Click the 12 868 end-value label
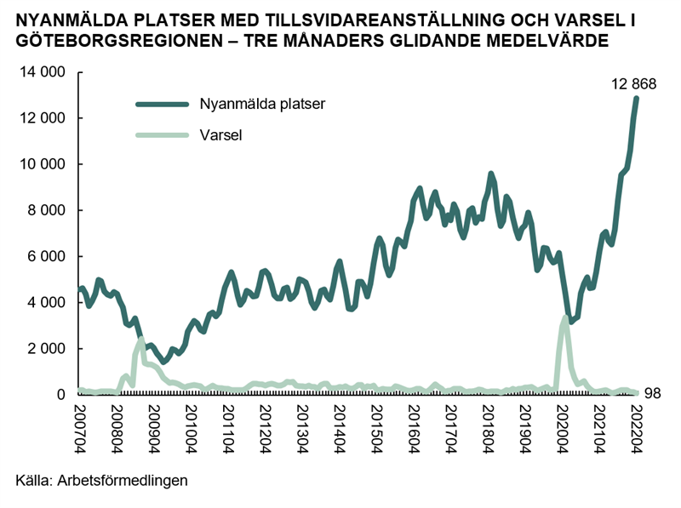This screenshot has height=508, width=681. [x=633, y=83]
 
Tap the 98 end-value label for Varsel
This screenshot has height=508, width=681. [x=652, y=393]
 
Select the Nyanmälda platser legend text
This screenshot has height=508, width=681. [x=262, y=104]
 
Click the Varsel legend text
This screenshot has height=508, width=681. [x=220, y=135]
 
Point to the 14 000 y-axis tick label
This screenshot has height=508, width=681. [x=42, y=71]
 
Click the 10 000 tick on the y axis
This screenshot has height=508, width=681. [x=42, y=164]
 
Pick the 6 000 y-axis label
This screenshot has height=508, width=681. [x=46, y=256]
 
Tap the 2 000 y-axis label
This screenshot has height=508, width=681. [x=46, y=348]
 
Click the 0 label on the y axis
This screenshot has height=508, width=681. [x=60, y=395]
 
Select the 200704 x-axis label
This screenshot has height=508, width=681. [x=79, y=430]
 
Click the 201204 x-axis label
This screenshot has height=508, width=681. [x=265, y=430]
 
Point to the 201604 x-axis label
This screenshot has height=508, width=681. [x=414, y=430]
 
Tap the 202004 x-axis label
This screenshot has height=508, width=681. [x=562, y=430]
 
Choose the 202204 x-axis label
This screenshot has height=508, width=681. [x=636, y=430]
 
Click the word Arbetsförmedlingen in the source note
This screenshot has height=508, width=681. [x=123, y=481]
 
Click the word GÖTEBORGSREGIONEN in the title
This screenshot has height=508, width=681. [x=119, y=40]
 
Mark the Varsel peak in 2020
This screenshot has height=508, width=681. [x=564, y=317]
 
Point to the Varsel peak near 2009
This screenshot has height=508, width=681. [x=141, y=340]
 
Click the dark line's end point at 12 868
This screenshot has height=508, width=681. [x=636, y=99]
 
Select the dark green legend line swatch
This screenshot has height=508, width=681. [x=163, y=104]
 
